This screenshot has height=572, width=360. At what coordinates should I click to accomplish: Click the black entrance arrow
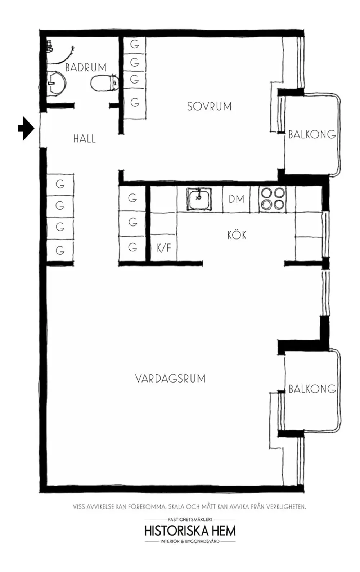coord(26,129)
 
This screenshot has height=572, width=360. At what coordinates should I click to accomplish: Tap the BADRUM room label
coord(86,67)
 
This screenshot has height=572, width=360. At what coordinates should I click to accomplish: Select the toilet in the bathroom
coord(105,83)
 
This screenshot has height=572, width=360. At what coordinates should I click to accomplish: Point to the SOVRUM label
coord(209,107)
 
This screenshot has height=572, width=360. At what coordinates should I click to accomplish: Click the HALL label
coord(85,139)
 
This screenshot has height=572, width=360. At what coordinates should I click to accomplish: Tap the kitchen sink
coord(199,199)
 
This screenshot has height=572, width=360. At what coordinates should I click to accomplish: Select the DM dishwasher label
coord(236,199)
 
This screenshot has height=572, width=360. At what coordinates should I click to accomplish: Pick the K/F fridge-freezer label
coord(164,247)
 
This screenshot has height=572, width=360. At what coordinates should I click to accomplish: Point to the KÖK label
coord(237,235)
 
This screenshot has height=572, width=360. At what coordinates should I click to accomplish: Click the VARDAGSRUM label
coord(170,379)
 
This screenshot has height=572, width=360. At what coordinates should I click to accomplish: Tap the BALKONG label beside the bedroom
coord(312,134)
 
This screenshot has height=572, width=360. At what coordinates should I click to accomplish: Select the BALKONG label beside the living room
coord(312,389)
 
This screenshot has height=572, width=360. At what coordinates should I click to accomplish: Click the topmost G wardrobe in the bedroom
coord(134,44)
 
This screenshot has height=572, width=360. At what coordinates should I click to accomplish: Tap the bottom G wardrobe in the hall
coord(60,250)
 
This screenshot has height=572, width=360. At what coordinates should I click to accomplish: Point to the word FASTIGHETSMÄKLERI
coord(190,519)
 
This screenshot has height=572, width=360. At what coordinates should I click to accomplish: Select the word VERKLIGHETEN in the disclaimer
coord(286,507)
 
